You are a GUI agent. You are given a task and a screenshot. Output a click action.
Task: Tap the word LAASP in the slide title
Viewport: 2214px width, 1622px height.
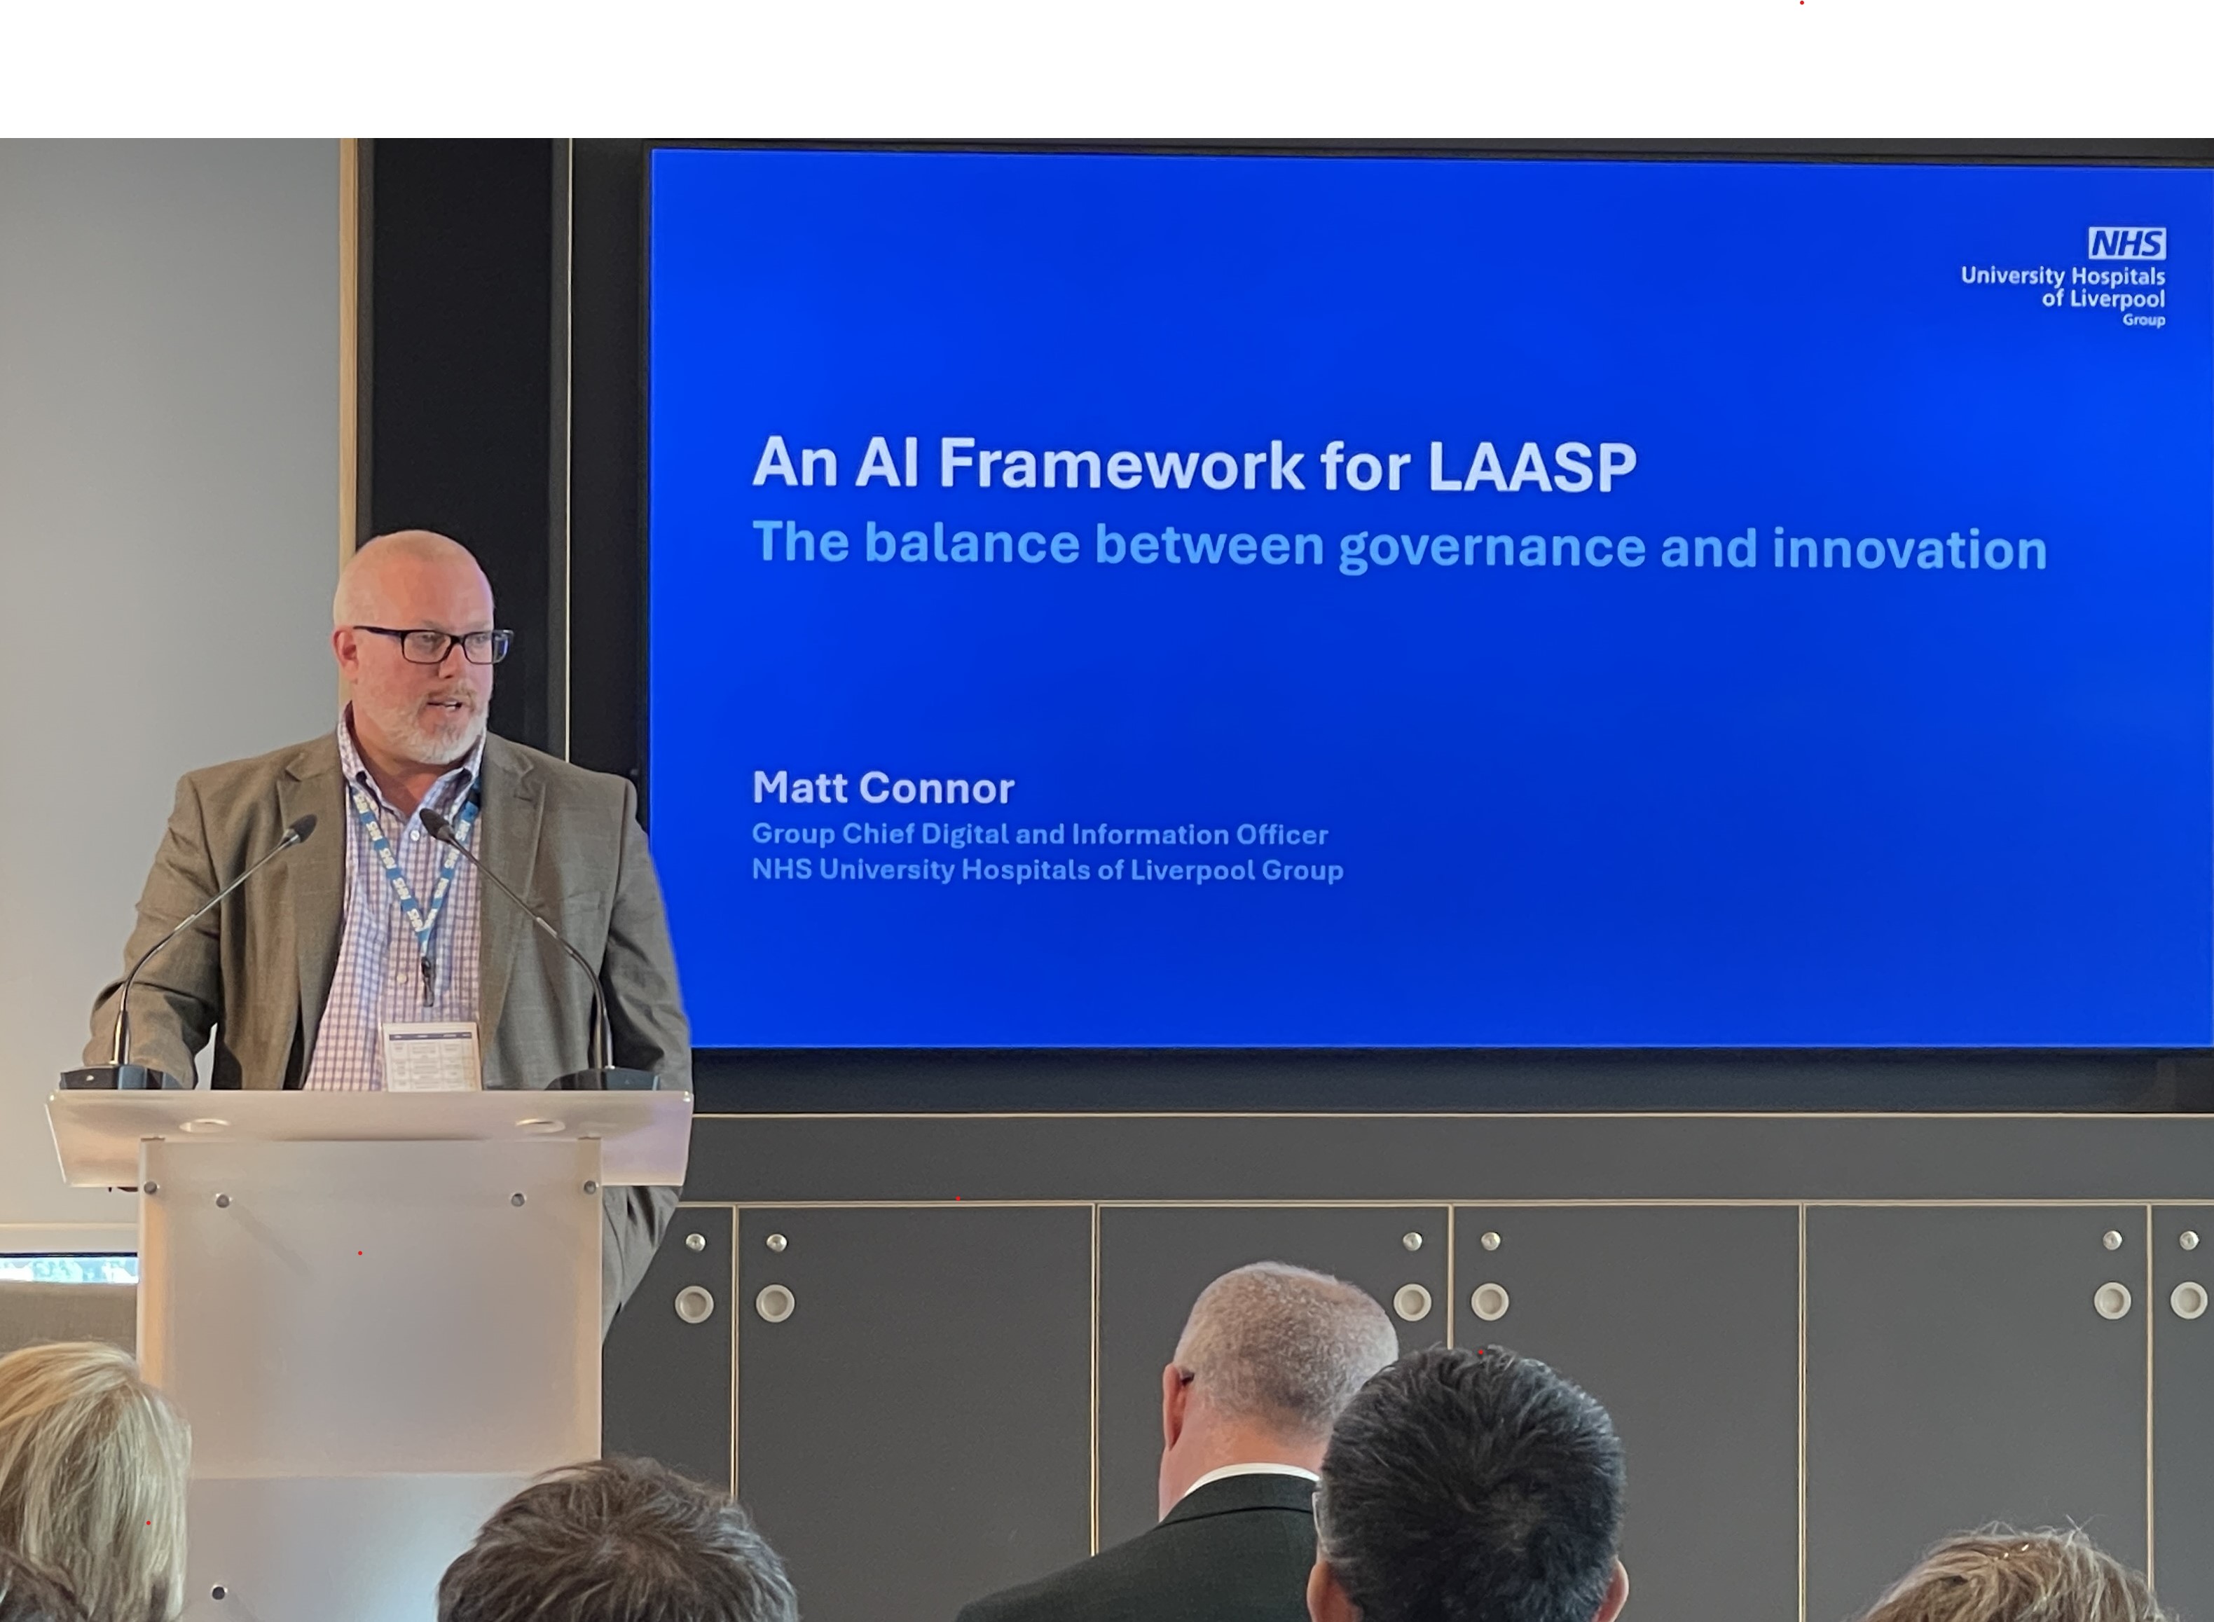point(1532,465)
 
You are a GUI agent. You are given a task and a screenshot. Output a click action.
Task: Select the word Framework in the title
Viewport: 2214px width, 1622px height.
point(1121,463)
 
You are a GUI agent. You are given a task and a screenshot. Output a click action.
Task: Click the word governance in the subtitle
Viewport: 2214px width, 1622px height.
point(1492,548)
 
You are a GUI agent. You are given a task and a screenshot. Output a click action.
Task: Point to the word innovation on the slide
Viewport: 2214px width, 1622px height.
point(1910,549)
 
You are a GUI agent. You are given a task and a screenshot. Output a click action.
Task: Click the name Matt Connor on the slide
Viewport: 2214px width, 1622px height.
point(883,788)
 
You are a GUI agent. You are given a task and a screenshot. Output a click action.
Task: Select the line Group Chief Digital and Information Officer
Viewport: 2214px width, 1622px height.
point(1040,834)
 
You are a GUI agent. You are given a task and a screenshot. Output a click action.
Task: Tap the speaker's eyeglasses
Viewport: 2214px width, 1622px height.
point(433,644)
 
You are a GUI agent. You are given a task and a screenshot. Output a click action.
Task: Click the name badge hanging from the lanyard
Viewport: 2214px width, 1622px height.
point(431,1055)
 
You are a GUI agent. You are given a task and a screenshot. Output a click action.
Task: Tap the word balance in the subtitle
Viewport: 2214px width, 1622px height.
point(972,543)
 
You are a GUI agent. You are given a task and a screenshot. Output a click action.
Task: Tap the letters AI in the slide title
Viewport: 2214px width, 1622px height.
point(886,462)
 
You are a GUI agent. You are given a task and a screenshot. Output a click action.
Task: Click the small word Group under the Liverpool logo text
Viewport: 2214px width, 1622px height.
point(2143,320)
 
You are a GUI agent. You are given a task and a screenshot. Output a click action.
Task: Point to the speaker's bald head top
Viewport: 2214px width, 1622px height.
point(413,565)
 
